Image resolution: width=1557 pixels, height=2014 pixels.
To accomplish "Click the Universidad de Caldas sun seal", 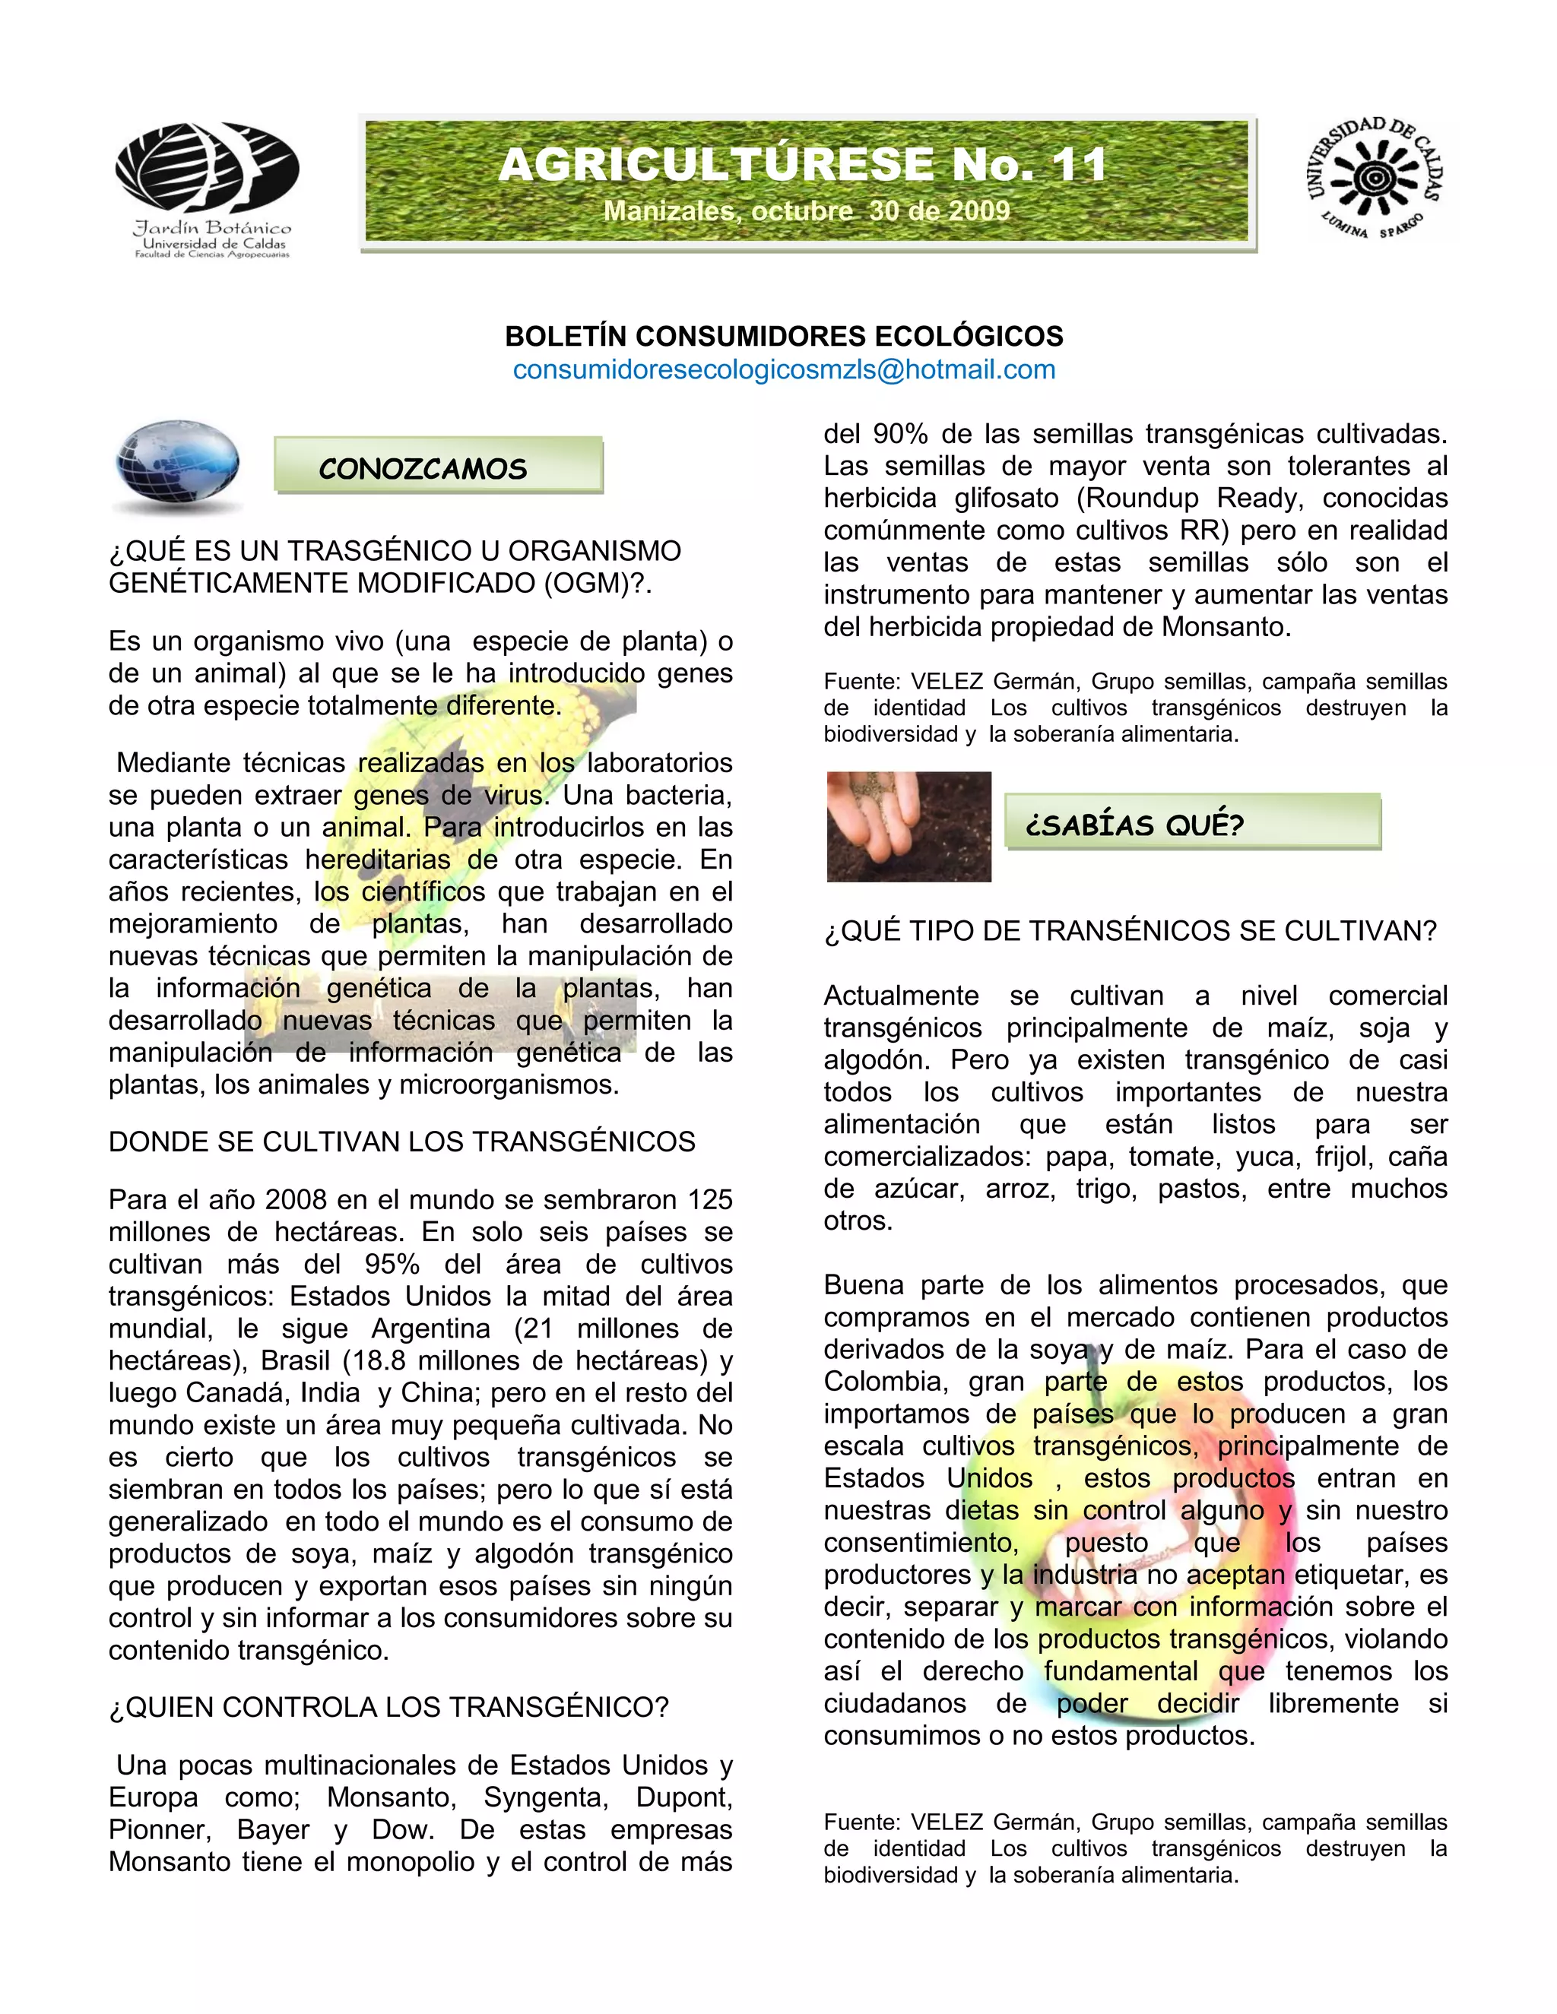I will point(1374,178).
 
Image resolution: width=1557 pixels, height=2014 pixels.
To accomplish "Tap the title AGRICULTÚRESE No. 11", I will point(804,165).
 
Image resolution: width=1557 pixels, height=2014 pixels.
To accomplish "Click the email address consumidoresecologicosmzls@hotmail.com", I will point(784,370).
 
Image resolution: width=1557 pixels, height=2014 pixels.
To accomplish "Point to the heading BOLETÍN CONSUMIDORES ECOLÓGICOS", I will point(784,336).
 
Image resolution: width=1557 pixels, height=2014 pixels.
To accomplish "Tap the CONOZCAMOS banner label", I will point(423,468).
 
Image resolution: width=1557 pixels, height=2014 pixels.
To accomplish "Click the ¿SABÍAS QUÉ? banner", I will point(1134,825).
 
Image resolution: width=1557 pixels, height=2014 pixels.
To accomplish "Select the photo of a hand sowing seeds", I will point(909,826).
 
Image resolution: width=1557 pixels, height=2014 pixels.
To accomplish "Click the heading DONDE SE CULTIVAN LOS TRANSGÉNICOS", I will point(402,1142).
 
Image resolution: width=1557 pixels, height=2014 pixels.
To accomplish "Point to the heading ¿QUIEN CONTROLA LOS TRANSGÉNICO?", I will point(388,1707).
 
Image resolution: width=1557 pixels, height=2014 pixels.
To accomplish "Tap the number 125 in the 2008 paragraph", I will point(709,1200).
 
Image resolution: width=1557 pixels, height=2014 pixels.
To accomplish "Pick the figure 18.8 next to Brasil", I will point(381,1361).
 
